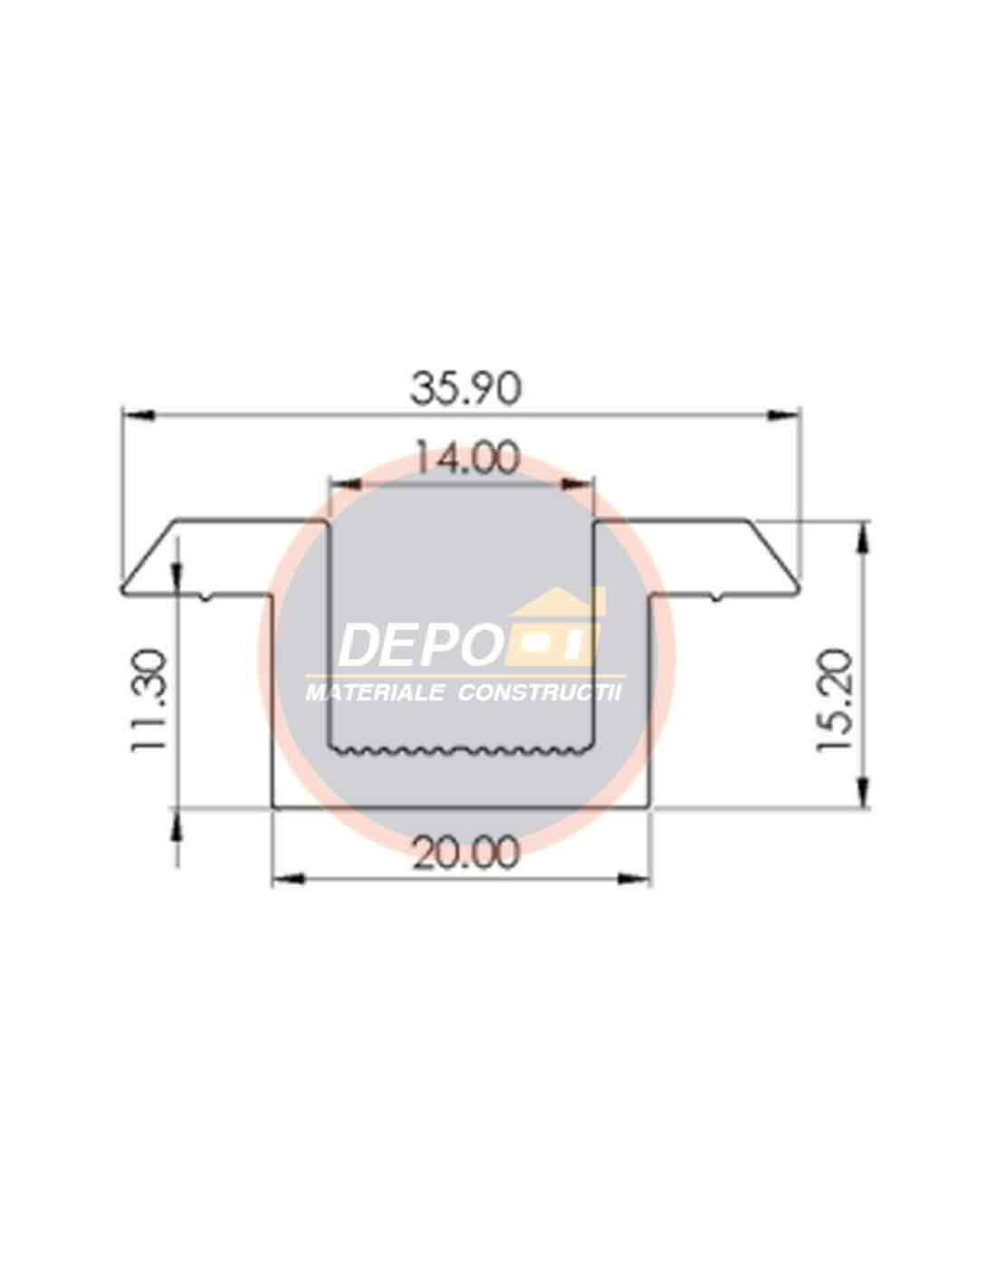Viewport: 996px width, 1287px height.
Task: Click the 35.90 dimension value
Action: coord(465,389)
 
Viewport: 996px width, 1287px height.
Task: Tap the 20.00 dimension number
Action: coord(465,853)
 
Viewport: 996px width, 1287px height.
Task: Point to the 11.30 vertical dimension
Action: coord(148,701)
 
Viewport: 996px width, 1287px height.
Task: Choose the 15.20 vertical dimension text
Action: coord(834,701)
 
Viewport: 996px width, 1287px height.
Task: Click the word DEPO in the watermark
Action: coord(419,645)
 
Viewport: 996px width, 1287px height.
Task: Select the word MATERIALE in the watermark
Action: coord(375,693)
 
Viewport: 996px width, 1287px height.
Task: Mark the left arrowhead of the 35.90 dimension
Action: coord(139,415)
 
